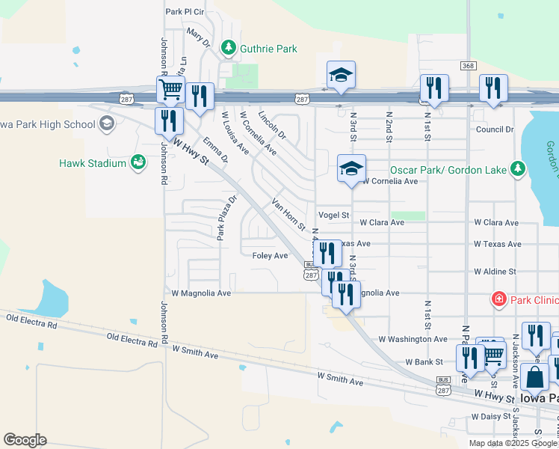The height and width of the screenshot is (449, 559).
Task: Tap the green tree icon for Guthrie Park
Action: (229, 49)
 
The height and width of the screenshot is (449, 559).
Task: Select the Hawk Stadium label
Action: (92, 162)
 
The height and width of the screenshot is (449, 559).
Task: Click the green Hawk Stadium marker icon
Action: (138, 162)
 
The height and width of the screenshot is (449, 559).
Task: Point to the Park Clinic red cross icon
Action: (498, 300)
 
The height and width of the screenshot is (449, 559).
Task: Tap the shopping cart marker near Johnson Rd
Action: (171, 90)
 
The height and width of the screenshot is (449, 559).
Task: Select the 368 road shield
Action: (469, 66)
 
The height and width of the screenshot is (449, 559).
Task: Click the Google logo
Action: (25, 440)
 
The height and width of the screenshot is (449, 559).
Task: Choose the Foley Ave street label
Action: (270, 255)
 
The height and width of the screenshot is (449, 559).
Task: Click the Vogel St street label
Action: (333, 215)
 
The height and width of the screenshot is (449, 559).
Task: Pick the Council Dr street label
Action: (495, 129)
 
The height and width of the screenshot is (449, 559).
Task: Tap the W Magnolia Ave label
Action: (201, 293)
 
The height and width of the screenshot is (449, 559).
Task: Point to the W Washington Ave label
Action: (413, 339)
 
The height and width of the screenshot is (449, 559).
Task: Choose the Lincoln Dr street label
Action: (271, 124)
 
